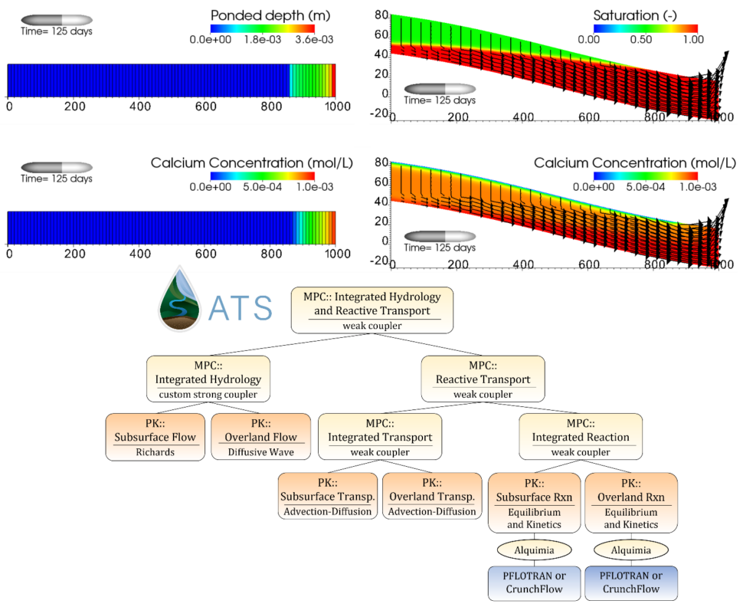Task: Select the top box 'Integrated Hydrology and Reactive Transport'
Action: click(371, 310)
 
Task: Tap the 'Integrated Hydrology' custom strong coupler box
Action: click(208, 379)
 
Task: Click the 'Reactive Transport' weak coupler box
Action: click(483, 379)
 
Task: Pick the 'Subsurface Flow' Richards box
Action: click(155, 437)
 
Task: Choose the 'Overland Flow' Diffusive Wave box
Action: click(260, 437)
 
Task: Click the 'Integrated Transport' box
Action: click(380, 437)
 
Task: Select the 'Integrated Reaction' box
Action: click(580, 437)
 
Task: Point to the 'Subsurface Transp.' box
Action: click(327, 496)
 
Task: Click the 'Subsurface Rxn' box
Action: click(534, 502)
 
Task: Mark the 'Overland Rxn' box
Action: click(630, 502)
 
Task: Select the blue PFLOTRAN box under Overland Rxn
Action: click(630, 582)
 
